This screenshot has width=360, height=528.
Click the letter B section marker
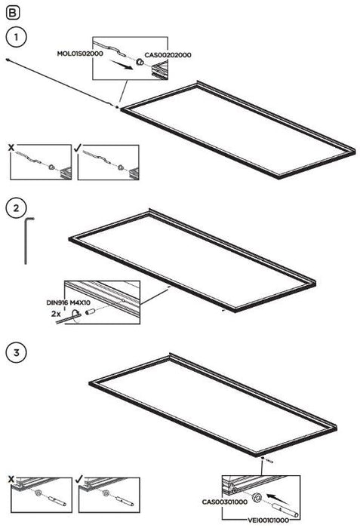point(13,13)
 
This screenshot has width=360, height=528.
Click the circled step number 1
point(16,36)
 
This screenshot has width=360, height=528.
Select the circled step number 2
point(16,208)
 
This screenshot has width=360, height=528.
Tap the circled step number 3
point(16,352)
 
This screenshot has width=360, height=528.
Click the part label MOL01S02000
point(80,54)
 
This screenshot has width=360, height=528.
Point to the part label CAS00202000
point(168,55)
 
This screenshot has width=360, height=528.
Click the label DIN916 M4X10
point(68,302)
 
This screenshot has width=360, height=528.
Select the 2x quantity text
point(56,314)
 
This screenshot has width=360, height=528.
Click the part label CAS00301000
point(224,502)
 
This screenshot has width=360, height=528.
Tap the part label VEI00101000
point(269,520)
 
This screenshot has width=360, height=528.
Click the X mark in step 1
point(11,148)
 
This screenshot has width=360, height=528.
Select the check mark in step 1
point(78,147)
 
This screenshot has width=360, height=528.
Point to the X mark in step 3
point(11,479)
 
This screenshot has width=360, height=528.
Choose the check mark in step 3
point(79,478)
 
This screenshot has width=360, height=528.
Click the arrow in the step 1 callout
point(121,64)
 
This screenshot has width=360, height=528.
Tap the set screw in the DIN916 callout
point(91,312)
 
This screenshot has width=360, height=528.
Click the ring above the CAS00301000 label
point(257,497)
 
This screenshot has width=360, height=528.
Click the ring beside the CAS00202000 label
point(139,63)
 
